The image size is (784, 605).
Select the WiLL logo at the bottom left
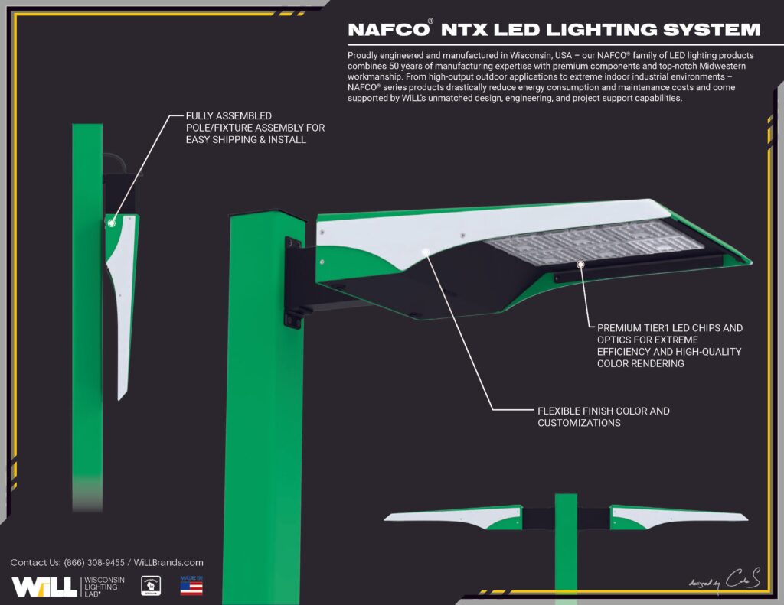point(44,587)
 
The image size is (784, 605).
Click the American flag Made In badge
point(191,586)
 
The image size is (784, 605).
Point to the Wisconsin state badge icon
point(150,587)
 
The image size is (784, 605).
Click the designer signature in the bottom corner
point(715,581)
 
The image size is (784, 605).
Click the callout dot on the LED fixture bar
point(581,264)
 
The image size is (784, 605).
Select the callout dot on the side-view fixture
point(111,223)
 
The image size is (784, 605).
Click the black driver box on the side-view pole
point(121,190)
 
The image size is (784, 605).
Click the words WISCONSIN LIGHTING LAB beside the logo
point(102,587)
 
